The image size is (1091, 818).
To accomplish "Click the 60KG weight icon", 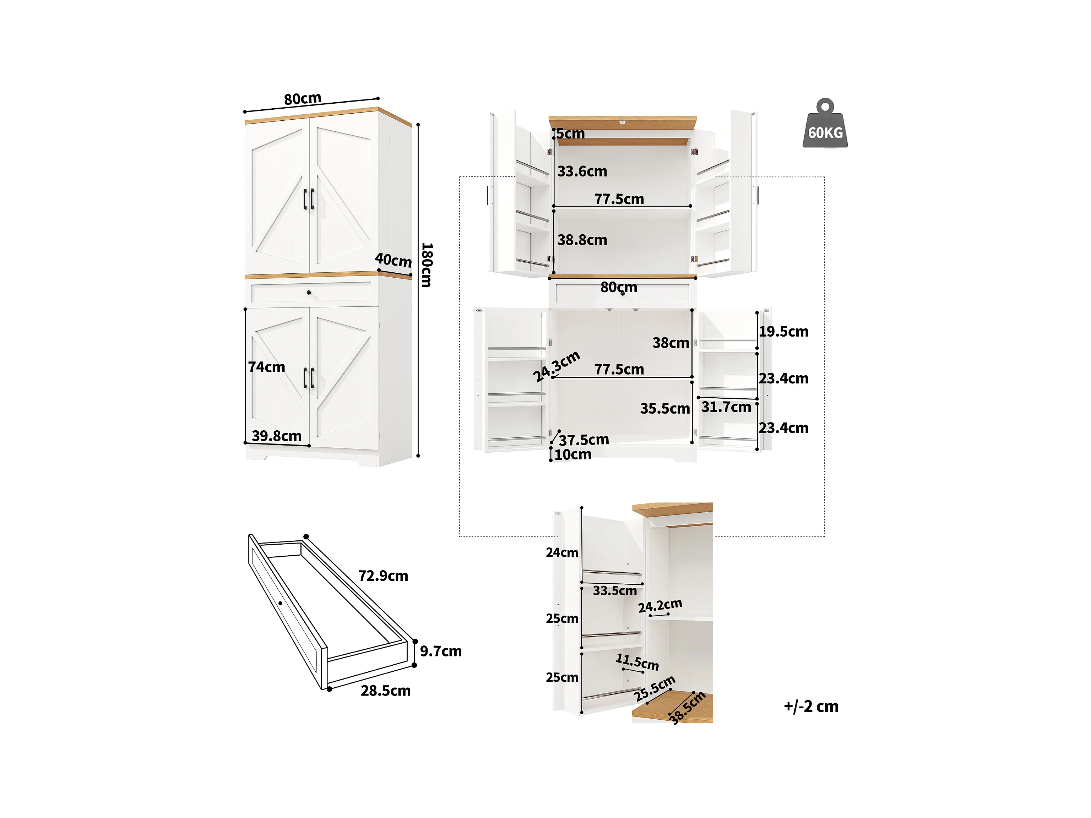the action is [825, 125].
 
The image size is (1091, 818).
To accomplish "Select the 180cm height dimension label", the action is [427, 265].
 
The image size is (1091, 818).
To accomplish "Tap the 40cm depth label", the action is [393, 260].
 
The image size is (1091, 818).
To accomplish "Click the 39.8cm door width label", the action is [276, 436].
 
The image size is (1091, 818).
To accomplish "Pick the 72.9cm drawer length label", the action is [383, 576].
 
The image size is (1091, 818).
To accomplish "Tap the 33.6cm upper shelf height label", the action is [582, 171].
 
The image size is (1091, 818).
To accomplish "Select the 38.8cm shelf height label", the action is [582, 240].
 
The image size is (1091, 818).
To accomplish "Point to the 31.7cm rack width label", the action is [726, 407].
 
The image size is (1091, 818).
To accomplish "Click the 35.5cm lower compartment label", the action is [665, 408].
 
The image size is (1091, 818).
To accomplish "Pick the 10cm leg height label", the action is [572, 454].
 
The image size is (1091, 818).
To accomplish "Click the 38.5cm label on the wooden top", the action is [687, 708].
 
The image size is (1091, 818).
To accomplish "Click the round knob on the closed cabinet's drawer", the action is [309, 293].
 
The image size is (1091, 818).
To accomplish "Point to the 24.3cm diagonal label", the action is [557, 366].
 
